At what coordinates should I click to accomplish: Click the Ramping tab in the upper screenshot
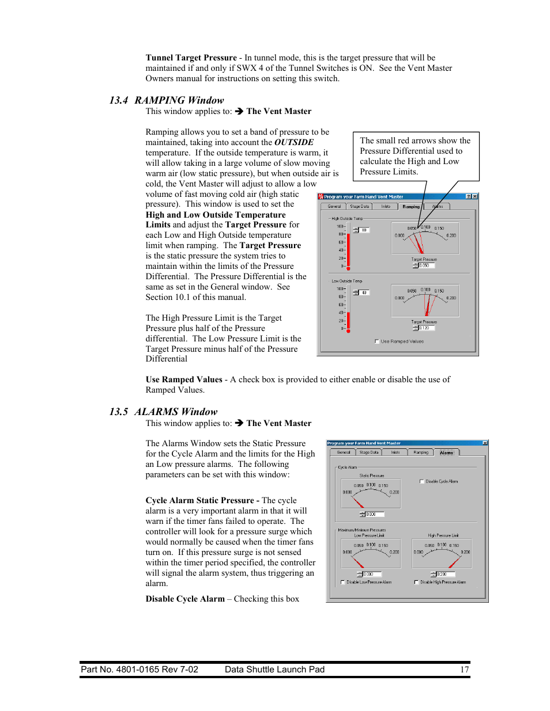point(411,206)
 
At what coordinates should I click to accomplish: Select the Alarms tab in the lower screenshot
point(446,453)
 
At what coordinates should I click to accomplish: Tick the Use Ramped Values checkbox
point(377,341)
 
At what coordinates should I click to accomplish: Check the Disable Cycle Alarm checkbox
point(422,481)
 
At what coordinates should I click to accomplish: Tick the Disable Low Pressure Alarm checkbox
point(343,582)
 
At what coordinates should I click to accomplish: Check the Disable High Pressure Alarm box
point(416,582)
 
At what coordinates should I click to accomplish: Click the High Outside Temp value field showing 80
point(364,230)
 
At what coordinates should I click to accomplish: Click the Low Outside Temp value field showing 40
point(364,293)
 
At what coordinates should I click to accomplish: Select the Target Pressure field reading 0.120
point(426,328)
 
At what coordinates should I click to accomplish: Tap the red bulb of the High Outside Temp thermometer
point(348,268)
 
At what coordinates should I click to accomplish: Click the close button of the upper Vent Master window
point(474,197)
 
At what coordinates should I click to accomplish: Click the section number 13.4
point(118,100)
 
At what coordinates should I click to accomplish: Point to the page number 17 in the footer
point(464,670)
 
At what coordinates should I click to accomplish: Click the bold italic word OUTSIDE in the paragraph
point(293,142)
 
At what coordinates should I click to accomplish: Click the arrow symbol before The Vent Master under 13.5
point(239,423)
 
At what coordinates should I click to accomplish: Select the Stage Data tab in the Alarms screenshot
point(369,453)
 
